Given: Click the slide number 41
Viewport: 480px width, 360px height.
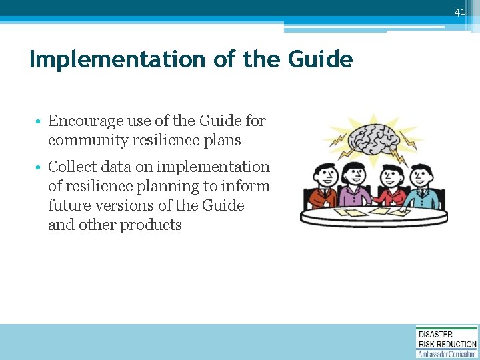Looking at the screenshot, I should pyautogui.click(x=459, y=12).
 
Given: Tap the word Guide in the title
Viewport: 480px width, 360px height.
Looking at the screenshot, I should pyautogui.click(x=320, y=60).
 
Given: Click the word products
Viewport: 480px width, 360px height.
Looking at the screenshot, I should pyautogui.click(x=151, y=225).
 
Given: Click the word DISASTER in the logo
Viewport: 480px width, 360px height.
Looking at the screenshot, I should pyautogui.click(x=436, y=335).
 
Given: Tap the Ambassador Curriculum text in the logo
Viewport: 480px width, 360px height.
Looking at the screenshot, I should pyautogui.click(x=447, y=354).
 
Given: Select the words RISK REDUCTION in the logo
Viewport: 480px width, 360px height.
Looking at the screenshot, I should pyautogui.click(x=447, y=344).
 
